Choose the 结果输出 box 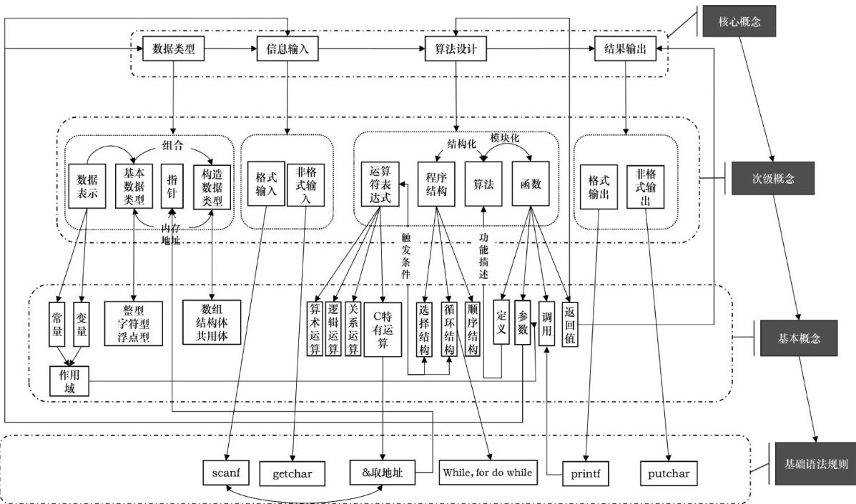625,49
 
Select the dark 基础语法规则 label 813,465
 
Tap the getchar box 297,473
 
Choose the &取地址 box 384,473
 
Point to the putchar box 669,473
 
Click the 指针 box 172,185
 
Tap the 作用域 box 68,382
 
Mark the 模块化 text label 504,137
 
